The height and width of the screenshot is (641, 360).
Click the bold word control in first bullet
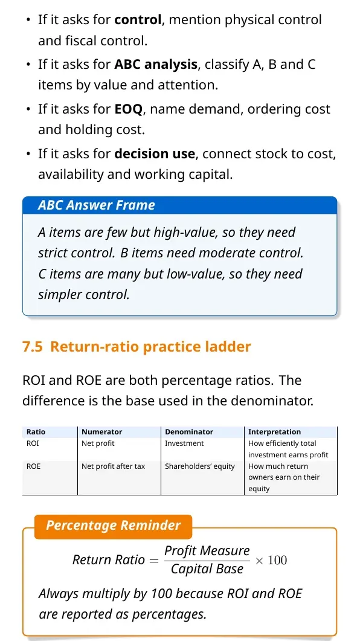138,19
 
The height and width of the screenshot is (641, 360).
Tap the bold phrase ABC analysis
156,65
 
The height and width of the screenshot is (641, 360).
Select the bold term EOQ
128,109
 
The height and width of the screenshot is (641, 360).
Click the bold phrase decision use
155,154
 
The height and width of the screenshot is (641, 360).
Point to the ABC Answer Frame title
97,205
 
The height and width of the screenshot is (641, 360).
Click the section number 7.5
32,347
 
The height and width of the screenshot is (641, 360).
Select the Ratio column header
36,432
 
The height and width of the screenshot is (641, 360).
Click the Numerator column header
101,432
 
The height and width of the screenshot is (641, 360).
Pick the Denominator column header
189,432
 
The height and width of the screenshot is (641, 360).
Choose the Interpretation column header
275,432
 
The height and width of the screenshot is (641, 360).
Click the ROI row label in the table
33,443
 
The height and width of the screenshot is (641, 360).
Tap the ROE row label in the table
33,466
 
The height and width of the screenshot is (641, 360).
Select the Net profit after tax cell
113,466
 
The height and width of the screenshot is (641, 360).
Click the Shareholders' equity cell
200,466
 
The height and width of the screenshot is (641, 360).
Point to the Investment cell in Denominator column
184,443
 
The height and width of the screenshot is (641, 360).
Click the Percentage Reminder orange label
113,526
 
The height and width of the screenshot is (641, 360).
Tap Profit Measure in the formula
207,550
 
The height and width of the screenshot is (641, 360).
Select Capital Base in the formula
207,569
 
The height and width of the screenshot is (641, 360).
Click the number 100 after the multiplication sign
277,559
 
